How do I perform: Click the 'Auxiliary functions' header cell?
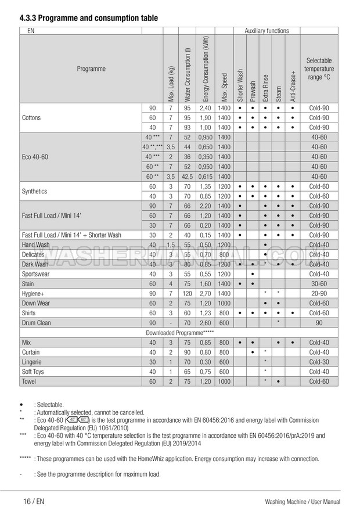267,31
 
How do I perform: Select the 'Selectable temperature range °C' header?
319,69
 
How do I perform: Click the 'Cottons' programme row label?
31,118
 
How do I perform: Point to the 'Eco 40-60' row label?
36,157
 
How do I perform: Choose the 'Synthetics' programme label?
35,191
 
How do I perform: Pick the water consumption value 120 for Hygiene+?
188,294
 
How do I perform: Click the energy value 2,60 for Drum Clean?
205,322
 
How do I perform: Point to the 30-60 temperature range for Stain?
319,284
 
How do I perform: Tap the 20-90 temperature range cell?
319,294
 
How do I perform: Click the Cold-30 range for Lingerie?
319,362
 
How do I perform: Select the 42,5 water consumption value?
188,177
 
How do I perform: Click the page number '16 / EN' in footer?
34,501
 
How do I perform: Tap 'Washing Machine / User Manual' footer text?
302,501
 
